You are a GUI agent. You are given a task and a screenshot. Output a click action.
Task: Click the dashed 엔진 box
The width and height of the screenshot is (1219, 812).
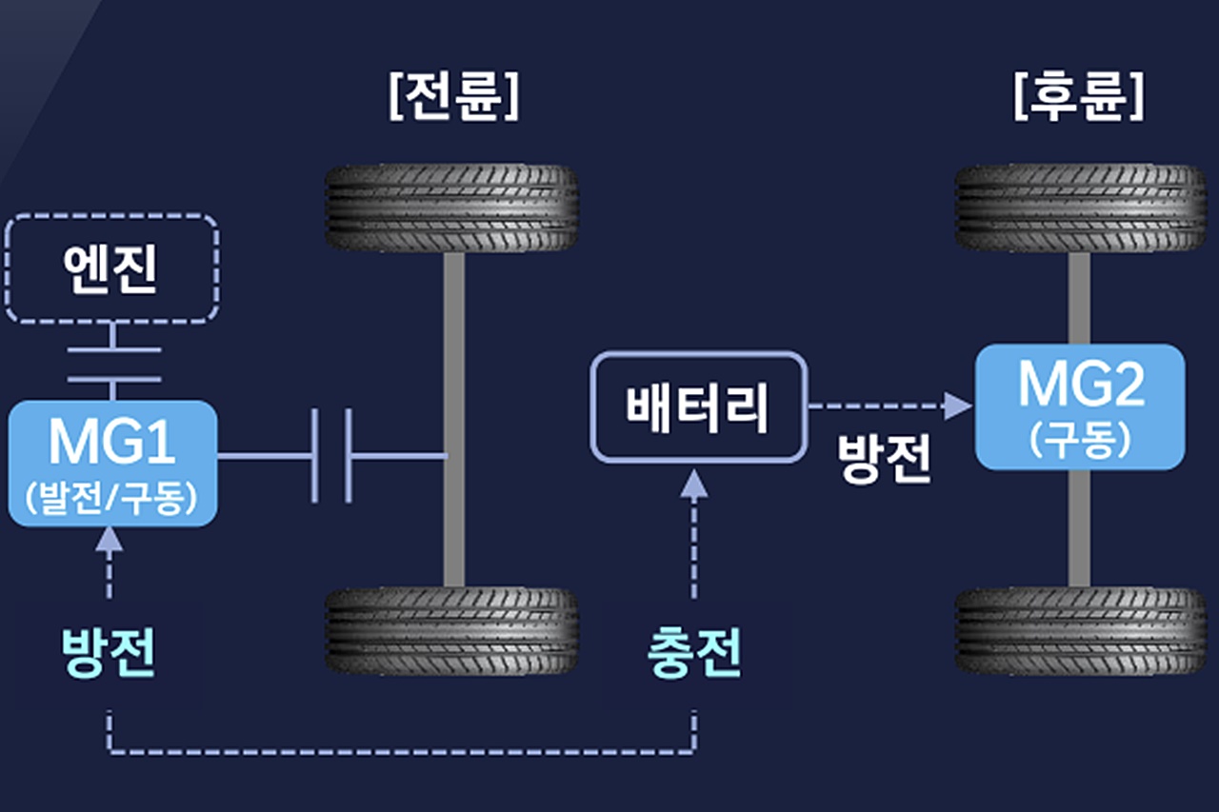click(x=112, y=267)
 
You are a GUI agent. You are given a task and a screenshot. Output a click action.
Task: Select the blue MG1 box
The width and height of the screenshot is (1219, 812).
click(x=112, y=463)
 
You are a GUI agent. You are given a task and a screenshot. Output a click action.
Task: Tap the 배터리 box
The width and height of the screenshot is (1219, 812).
click(x=698, y=407)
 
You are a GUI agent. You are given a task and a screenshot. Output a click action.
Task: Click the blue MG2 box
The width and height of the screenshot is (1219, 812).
click(x=1079, y=406)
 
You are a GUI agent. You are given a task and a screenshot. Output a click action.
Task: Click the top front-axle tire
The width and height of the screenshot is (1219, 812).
click(x=452, y=208)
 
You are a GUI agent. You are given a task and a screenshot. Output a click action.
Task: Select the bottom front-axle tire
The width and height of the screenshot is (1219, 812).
click(x=452, y=631)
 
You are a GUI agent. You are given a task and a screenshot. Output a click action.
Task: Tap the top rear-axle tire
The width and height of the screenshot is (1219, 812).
click(x=1081, y=208)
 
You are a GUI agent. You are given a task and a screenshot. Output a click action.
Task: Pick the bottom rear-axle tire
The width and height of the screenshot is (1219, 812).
click(x=1081, y=631)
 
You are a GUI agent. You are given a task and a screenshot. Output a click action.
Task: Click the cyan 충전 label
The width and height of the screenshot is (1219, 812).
click(x=694, y=655)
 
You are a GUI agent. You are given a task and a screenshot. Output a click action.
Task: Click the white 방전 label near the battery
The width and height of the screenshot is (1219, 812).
click(x=884, y=460)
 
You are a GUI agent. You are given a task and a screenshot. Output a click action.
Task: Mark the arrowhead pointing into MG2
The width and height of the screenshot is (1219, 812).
click(x=959, y=407)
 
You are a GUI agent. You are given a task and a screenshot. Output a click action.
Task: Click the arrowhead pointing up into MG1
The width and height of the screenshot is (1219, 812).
click(x=110, y=541)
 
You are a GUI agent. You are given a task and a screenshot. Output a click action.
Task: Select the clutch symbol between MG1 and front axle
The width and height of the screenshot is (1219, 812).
click(x=331, y=456)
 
